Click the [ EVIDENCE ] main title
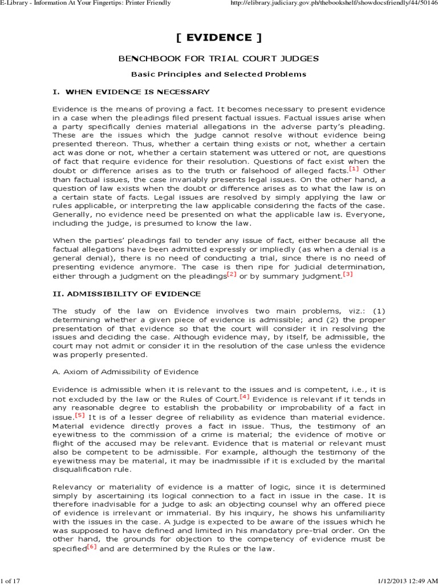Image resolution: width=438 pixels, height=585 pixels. (218, 38)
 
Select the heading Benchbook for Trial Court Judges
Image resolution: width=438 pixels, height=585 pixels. (218, 59)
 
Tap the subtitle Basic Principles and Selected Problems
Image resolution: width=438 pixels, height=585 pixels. (218, 74)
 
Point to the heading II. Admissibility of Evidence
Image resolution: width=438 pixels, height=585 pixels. (127, 294)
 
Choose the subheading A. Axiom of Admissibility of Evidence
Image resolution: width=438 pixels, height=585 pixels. (125, 371)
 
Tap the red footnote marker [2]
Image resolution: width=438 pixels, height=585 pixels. (232, 274)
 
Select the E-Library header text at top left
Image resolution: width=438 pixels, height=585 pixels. (86, 4)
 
